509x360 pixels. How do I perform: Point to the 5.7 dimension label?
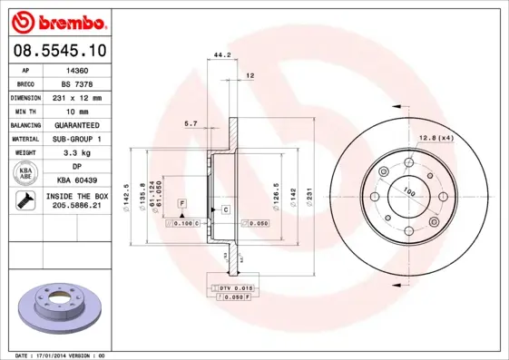pyautogui.click(x=191, y=122)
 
